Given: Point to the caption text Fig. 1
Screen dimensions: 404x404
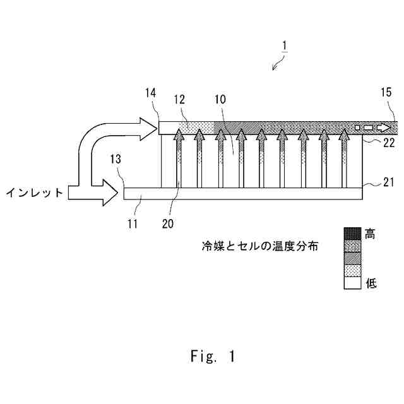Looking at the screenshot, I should coord(212,357).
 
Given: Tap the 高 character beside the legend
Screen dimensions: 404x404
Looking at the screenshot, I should coord(370,234).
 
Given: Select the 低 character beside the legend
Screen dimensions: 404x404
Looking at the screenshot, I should coord(370,283).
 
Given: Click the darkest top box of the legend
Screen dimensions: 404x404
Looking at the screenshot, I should coord(352,233).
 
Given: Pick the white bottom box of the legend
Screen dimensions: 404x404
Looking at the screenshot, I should coord(352,283).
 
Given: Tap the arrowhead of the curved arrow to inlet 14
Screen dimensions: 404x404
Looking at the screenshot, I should coord(149,129).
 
